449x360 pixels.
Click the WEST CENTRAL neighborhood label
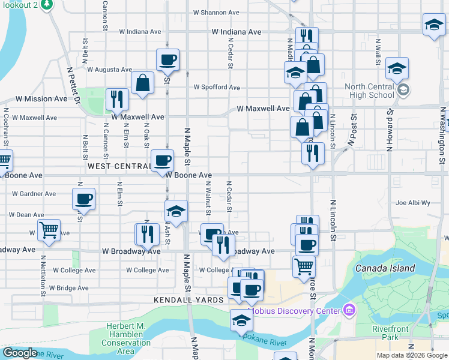click(x=119, y=166)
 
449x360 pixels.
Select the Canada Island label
click(x=385, y=268)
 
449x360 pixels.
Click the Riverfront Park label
click(x=390, y=333)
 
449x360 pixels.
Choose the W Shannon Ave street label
click(x=216, y=13)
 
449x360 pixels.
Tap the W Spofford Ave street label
click(x=217, y=87)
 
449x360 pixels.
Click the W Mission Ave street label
click(x=41, y=98)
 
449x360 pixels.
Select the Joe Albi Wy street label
click(x=413, y=203)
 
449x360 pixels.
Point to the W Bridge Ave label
click(x=69, y=288)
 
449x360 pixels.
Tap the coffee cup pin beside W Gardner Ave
click(x=83, y=198)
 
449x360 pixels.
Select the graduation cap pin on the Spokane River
click(x=241, y=319)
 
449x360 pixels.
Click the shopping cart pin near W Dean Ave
click(x=49, y=229)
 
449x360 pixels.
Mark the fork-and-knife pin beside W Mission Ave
click(x=117, y=99)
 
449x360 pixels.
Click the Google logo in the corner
click(x=20, y=353)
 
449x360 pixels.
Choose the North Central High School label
click(x=370, y=91)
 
